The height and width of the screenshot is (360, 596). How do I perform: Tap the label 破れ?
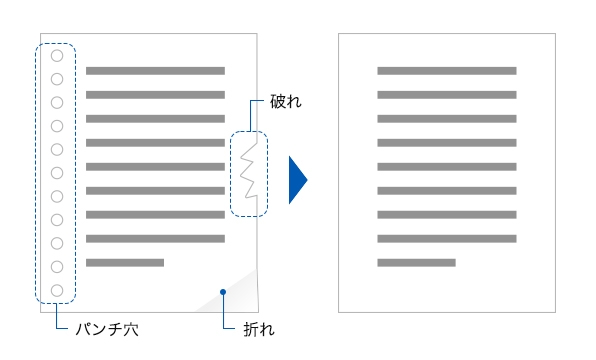point(285,102)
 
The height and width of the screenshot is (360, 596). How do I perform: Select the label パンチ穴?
point(107,328)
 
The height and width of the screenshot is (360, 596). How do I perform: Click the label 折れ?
point(259,328)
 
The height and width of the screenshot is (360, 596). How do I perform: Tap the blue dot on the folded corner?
point(223,292)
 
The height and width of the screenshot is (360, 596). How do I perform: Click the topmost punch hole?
point(57,56)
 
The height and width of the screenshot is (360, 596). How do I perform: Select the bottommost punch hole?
point(57,291)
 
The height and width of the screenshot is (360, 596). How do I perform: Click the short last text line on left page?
point(125,262)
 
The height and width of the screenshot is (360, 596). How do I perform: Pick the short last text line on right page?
point(416,262)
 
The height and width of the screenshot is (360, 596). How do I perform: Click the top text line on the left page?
point(155,71)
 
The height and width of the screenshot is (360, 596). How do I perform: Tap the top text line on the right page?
point(446,71)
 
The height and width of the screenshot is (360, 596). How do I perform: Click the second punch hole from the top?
point(57,79)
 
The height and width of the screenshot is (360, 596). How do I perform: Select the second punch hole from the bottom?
point(57,267)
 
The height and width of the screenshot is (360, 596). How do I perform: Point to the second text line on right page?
point(446,95)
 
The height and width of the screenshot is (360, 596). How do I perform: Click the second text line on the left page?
point(155,95)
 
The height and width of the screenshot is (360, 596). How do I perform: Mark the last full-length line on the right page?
point(446,239)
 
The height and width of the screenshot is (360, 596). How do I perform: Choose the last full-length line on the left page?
point(155,239)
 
